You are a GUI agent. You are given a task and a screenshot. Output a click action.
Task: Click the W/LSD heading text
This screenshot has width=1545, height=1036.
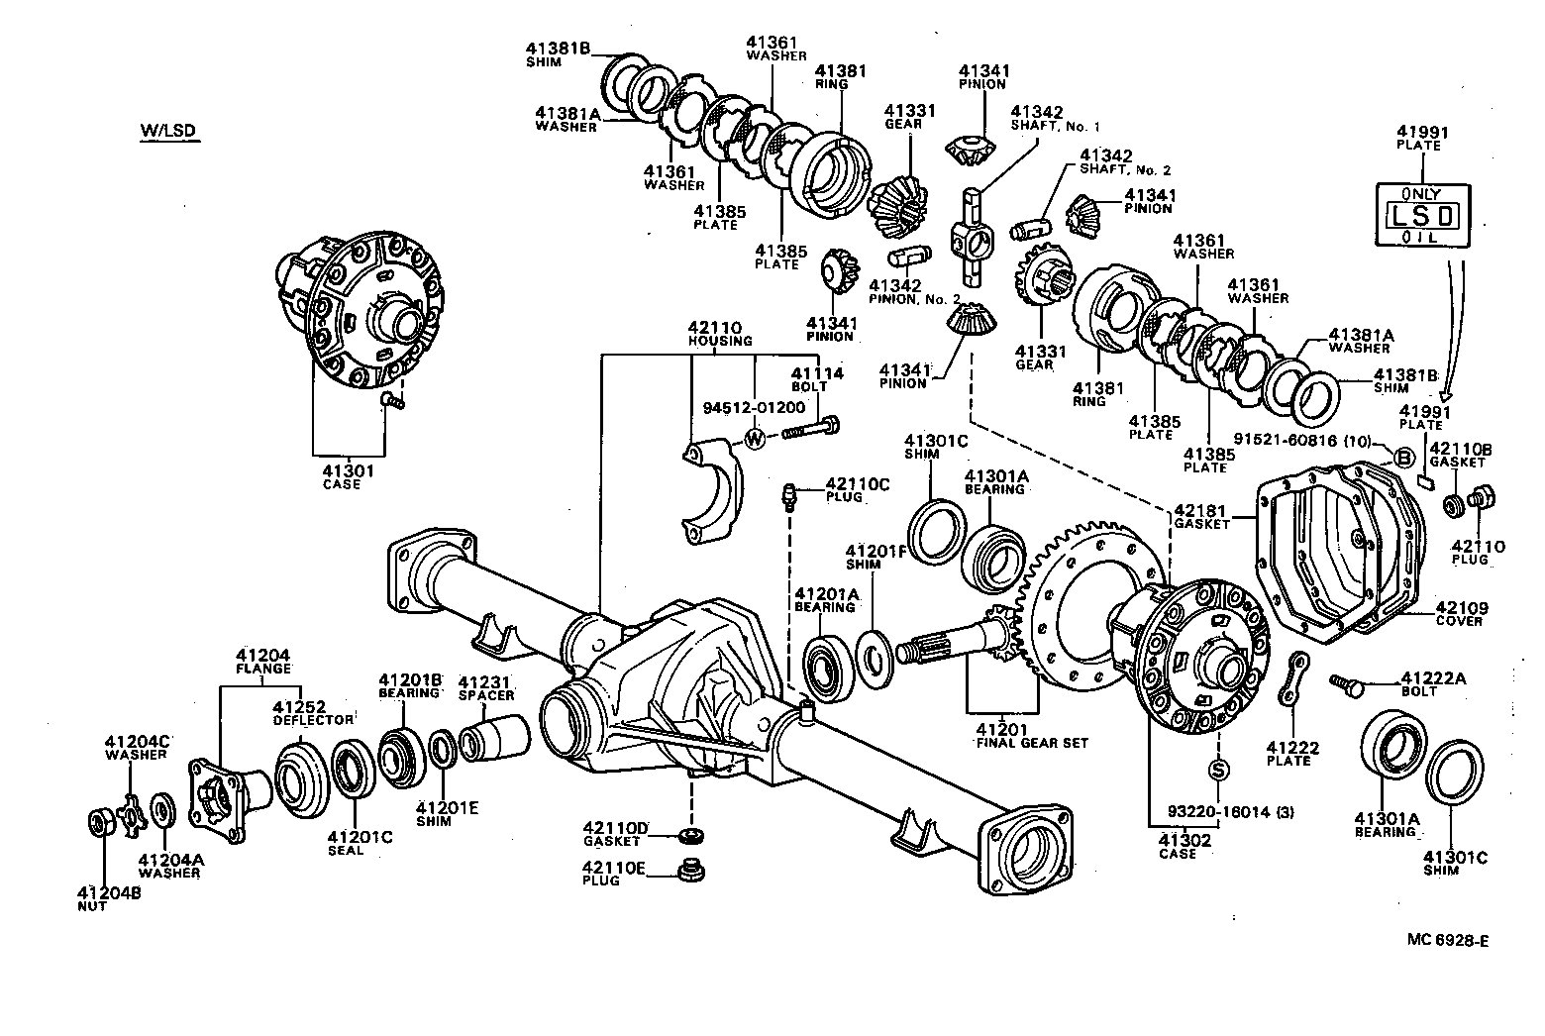pyautogui.click(x=168, y=131)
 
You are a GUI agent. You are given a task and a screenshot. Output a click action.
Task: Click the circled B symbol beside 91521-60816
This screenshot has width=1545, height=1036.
pyautogui.click(x=1402, y=458)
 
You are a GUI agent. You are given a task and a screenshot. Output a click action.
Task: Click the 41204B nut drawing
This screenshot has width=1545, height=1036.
pyautogui.click(x=101, y=821)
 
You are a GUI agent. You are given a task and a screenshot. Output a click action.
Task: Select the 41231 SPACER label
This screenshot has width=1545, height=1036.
pyautogui.click(x=486, y=687)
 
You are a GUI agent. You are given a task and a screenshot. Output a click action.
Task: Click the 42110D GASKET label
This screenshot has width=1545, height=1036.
pyautogui.click(x=614, y=833)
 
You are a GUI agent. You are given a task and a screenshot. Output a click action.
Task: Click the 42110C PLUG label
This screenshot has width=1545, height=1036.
pyautogui.click(x=857, y=489)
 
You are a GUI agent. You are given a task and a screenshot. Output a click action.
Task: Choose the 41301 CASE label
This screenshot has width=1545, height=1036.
pyautogui.click(x=341, y=477)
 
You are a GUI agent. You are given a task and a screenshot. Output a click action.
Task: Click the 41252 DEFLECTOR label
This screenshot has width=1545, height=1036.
pyautogui.click(x=313, y=713)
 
